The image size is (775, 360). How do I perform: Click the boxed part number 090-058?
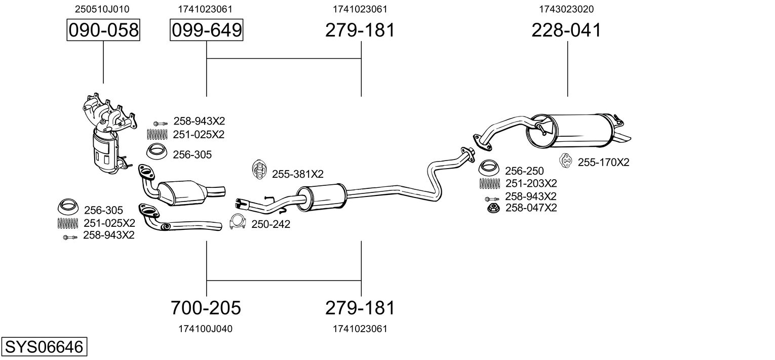pos(103,30)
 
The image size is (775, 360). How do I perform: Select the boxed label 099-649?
pos(206,30)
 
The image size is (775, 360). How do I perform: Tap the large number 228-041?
pos(566,30)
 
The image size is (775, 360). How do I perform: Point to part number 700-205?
pos(206,307)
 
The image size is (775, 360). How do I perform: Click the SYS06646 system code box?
pos(44,346)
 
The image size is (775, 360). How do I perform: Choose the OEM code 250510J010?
pos(102,9)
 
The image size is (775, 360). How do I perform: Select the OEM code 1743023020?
pos(566,9)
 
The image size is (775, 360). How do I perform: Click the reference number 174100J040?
pos(206,329)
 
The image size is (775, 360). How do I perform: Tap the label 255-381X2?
pos(297,174)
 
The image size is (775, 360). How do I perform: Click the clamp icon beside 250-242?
pos(238,222)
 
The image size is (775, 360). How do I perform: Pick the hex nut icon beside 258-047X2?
pos(493,208)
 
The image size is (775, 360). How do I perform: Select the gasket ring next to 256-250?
pos(488,168)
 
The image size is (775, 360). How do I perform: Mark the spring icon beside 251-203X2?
pos(489,184)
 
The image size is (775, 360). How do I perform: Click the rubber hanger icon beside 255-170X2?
pos(566,161)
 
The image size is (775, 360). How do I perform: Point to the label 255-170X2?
pos(603,162)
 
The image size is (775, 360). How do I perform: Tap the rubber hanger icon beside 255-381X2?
pos(258,170)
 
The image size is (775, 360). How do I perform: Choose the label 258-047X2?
pos(531,208)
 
